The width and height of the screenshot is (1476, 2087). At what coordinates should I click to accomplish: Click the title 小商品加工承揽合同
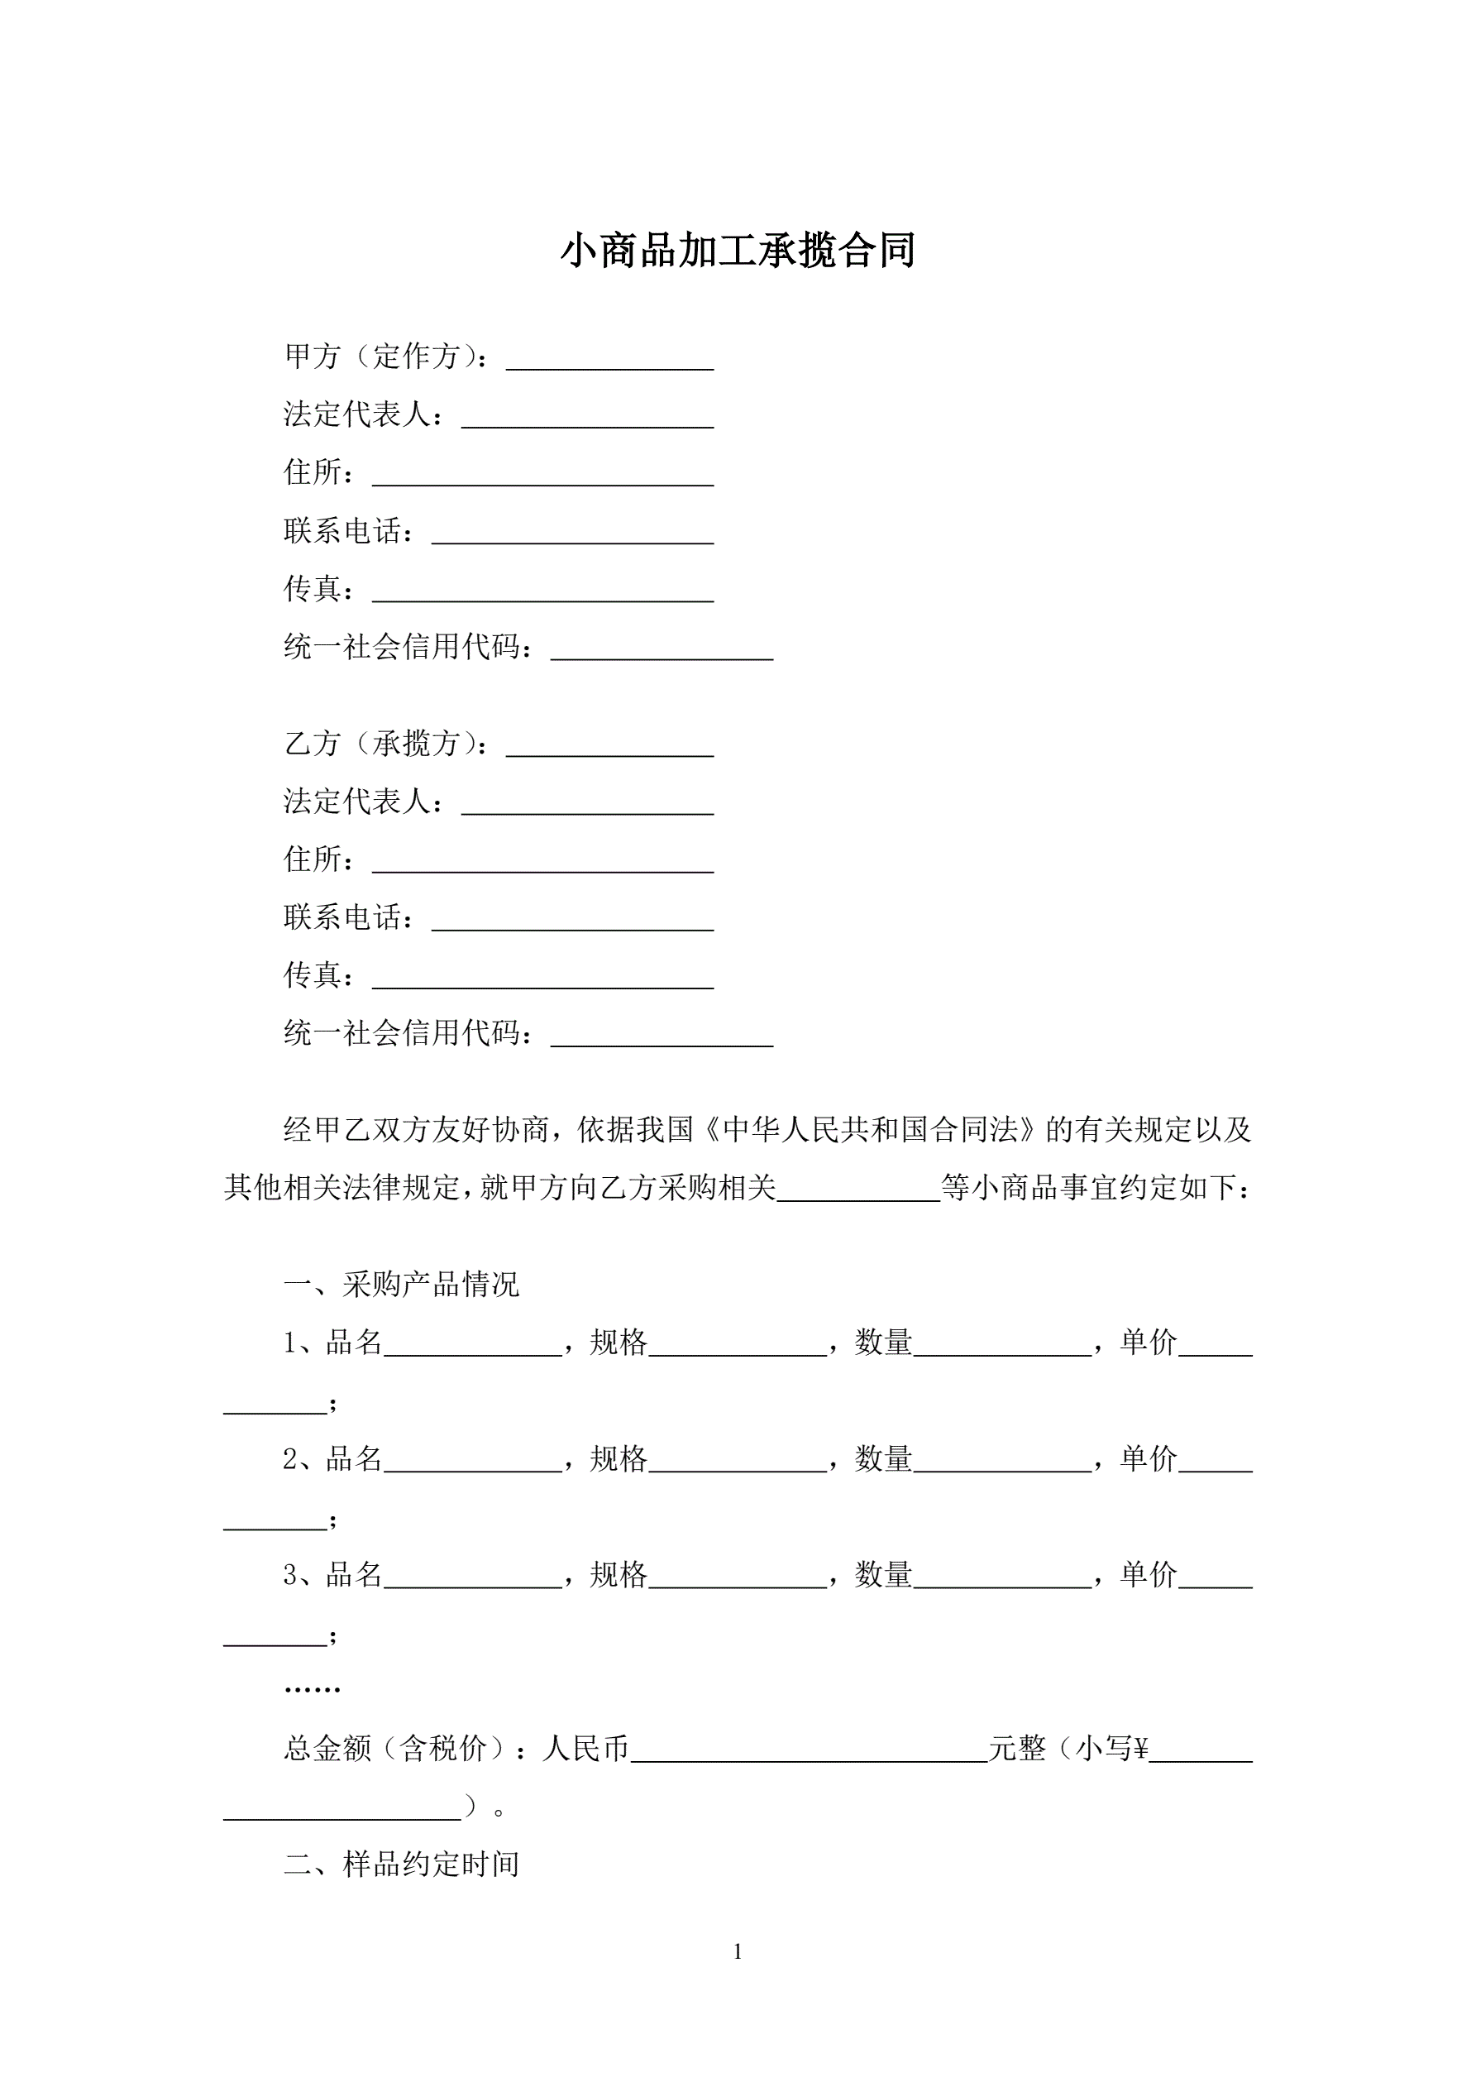point(737,250)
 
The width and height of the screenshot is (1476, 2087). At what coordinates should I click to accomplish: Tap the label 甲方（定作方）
point(386,357)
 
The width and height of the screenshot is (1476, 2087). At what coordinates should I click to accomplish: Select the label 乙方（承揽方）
point(386,744)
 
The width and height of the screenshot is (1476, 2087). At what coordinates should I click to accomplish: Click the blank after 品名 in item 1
point(473,1349)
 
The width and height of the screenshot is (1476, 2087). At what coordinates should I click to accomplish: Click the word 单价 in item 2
point(1149,1458)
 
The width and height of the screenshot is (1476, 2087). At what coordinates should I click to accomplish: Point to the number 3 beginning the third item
point(290,1574)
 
